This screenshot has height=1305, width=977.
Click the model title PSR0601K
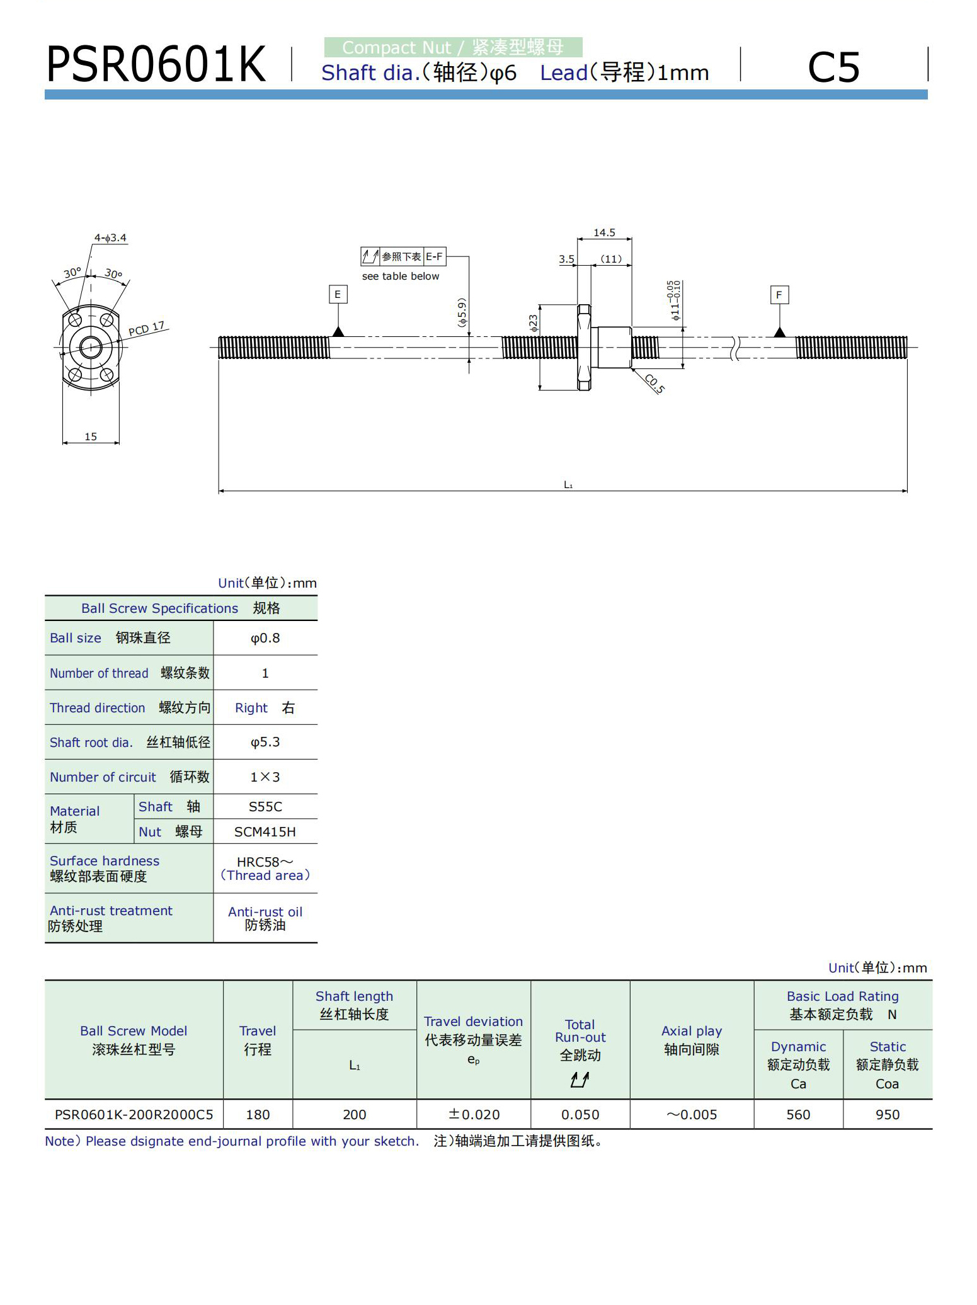click(x=156, y=64)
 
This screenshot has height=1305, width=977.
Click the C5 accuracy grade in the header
click(x=833, y=67)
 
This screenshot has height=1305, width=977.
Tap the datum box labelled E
click(x=338, y=294)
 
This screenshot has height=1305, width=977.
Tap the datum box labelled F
click(x=779, y=295)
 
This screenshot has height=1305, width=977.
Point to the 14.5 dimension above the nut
click(x=604, y=232)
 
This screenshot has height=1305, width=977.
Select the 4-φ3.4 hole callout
click(x=110, y=237)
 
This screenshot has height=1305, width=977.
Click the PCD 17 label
click(x=147, y=329)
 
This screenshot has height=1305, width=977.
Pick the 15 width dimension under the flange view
click(x=91, y=436)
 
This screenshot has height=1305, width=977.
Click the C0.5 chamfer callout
click(x=655, y=384)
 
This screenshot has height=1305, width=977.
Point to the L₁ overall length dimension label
click(x=568, y=484)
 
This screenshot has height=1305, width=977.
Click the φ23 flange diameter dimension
click(x=534, y=323)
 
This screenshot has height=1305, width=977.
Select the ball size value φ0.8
click(x=265, y=638)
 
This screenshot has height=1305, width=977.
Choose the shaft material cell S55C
click(x=265, y=807)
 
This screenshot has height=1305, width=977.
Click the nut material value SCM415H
click(x=265, y=832)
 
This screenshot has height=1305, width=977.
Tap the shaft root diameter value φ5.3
click(x=265, y=742)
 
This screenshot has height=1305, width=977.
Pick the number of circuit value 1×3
click(x=265, y=777)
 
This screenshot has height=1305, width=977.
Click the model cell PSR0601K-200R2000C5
click(x=134, y=1114)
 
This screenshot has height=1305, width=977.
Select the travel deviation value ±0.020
click(x=474, y=1114)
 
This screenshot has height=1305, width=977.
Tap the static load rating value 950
click(x=887, y=1114)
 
